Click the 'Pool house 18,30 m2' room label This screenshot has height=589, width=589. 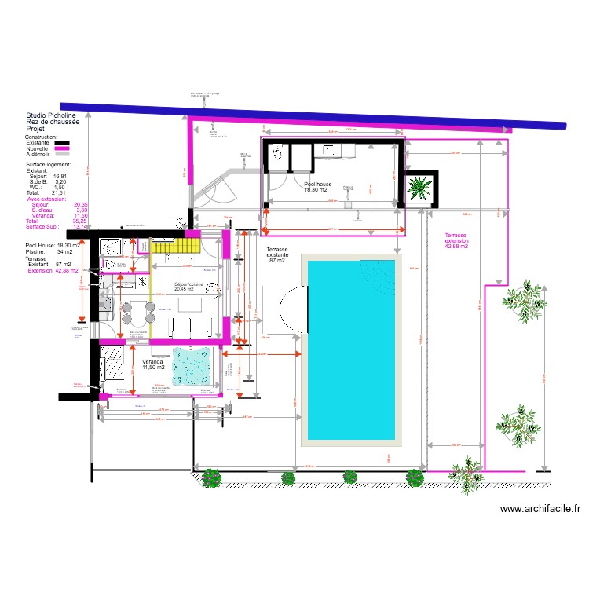(318, 187)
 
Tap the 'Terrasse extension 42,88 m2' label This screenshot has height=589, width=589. (456, 241)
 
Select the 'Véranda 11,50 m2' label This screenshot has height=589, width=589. (154, 364)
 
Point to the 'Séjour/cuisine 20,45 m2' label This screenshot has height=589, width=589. (189, 286)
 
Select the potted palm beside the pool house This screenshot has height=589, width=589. (418, 188)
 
